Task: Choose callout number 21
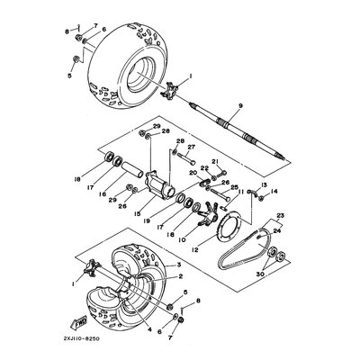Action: tap(215, 162)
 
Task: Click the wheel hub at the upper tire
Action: tap(166, 92)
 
